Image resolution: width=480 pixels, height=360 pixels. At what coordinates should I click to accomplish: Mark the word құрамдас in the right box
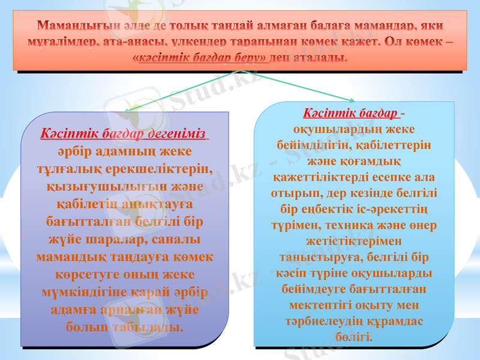coord(395,321)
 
